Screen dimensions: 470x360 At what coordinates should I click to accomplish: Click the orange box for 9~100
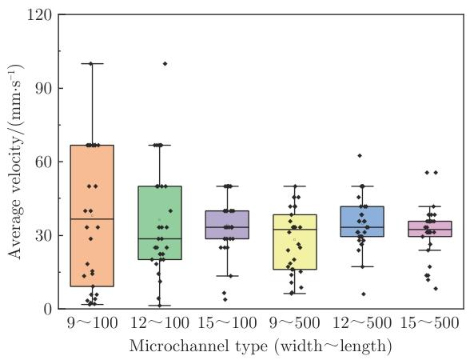92,216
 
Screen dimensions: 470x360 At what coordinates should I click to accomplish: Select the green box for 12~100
160,222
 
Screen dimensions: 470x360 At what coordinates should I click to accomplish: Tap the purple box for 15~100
227,225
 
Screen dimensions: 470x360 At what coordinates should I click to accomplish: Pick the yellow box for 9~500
295,242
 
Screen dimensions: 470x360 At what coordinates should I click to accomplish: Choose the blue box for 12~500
362,222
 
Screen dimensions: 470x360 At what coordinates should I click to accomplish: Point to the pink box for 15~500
430,229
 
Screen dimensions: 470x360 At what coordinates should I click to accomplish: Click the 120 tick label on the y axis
39,15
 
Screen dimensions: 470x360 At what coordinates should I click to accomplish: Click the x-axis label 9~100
92,323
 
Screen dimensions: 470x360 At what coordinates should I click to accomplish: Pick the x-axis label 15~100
227,323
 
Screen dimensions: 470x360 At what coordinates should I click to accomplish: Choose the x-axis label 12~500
362,323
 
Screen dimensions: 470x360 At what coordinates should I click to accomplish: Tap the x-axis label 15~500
430,323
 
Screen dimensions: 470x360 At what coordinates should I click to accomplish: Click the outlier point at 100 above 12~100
165,64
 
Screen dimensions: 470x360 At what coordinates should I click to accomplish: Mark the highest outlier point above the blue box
360,155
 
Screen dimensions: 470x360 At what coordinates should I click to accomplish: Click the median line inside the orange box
92,219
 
